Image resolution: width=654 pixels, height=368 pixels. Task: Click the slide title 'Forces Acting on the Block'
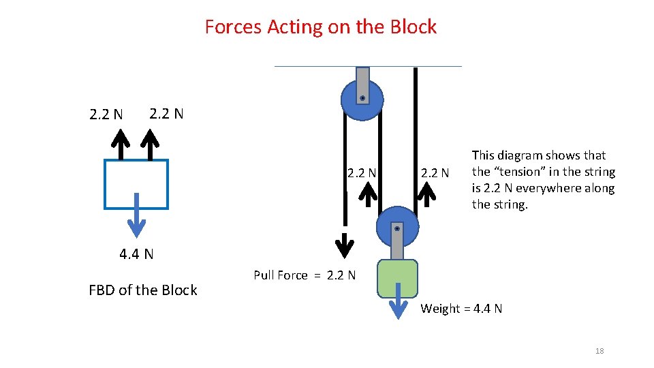pos(320,27)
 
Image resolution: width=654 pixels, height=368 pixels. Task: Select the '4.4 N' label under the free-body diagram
pos(136,255)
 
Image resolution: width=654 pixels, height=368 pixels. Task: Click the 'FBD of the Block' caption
pos(143,290)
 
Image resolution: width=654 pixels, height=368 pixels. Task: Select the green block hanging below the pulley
pos(397,279)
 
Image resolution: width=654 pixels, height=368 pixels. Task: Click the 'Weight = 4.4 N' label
pos(461,309)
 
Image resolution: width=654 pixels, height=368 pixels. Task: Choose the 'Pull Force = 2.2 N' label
pos(305,275)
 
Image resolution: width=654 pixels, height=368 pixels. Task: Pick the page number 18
pos(599,351)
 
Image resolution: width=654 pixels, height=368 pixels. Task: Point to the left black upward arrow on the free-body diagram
pos(121,144)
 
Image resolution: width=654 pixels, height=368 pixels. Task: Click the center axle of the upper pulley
pos(362,98)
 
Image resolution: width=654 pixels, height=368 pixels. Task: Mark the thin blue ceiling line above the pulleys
pos(368,66)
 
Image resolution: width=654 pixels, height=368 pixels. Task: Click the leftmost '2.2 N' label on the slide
pos(106,114)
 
